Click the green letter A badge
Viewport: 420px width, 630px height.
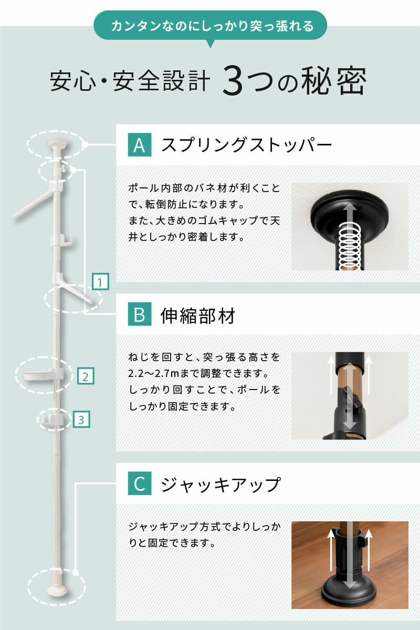coord(140,144)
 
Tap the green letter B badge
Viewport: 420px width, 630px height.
coord(140,315)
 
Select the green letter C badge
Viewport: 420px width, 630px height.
coord(140,484)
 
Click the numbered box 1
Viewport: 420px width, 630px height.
coord(100,281)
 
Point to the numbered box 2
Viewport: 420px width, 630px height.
coord(86,376)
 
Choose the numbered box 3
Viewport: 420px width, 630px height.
coord(80,419)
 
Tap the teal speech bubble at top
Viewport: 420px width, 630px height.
coord(210,26)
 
